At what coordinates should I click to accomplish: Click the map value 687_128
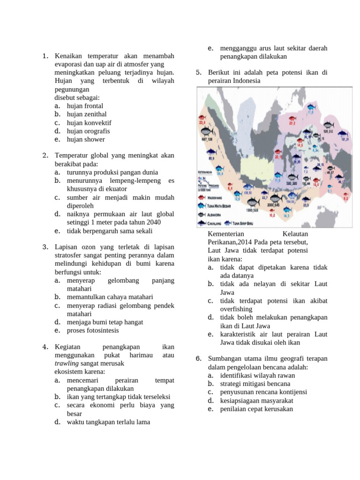point(206,139)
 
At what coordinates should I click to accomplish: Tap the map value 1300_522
point(253,210)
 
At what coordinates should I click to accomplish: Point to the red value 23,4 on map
point(202,123)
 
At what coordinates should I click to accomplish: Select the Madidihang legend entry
point(211,197)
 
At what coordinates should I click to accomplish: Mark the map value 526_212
point(328,132)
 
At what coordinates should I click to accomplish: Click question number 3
point(45,247)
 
